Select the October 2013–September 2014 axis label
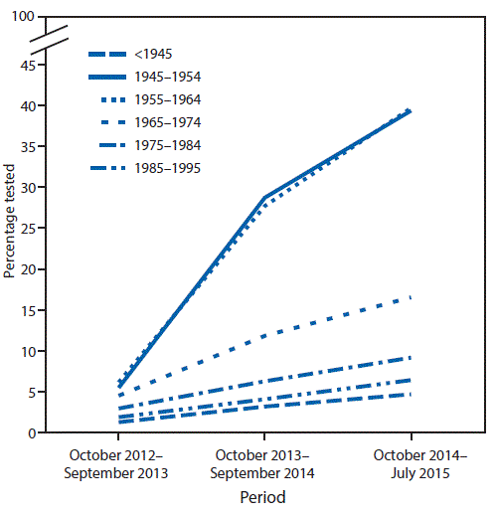[264, 464]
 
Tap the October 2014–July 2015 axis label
[411, 464]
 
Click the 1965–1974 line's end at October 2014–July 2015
[411, 297]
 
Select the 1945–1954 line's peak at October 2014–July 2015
[411, 111]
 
